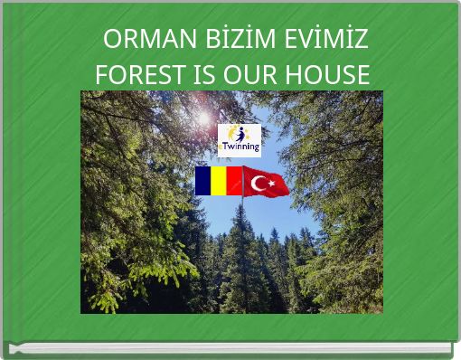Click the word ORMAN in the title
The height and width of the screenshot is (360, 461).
(145, 42)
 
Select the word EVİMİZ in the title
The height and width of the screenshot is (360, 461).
(324, 42)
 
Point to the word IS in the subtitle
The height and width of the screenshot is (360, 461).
(198, 76)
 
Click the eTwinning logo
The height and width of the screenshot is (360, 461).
(240, 139)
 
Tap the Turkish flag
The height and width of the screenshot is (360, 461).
(266, 182)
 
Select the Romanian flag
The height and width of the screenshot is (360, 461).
(218, 181)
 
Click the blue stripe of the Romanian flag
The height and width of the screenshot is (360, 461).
(203, 181)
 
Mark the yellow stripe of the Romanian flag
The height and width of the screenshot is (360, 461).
(218, 181)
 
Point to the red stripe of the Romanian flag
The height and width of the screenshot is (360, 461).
(233, 181)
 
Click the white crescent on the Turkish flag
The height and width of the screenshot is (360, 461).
(259, 184)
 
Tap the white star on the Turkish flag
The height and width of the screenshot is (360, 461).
(270, 184)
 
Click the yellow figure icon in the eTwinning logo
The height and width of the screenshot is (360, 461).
(234, 133)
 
